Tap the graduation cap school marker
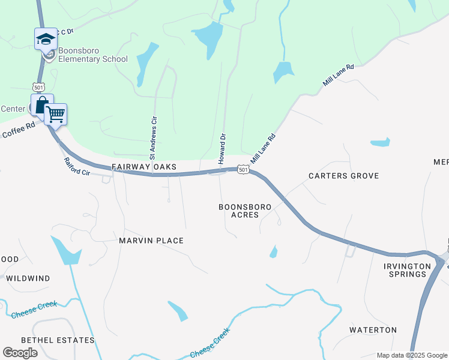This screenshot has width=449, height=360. point(46,40)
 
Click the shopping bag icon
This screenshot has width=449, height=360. point(41,106)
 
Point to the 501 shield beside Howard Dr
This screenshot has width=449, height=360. point(243,170)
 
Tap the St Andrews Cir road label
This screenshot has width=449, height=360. point(154,136)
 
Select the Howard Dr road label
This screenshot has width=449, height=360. point(221,149)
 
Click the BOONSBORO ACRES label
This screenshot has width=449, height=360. point(244,211)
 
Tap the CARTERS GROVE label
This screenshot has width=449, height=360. point(343,176)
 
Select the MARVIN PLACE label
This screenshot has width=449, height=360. point(151,241)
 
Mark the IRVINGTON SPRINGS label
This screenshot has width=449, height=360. point(408,270)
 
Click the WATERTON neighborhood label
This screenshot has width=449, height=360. point(373,330)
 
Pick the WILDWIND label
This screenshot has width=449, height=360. point(28,278)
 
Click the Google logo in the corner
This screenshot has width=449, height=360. point(20,353)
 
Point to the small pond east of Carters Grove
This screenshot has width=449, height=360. point(380,143)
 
